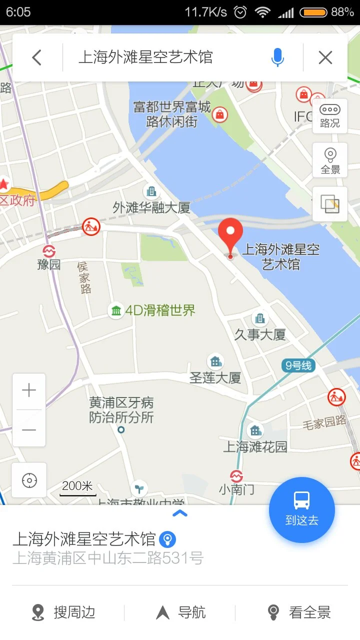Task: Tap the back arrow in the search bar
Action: tap(36, 57)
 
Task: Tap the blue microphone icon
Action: tap(277, 57)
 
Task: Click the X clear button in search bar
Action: tap(325, 57)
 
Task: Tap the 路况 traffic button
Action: tap(330, 116)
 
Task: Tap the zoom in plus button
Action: tap(29, 390)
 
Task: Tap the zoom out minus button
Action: tap(29, 429)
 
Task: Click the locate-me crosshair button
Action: tap(29, 480)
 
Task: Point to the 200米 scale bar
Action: tap(78, 488)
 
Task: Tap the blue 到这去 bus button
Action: tap(301, 509)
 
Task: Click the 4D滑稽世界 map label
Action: tap(159, 310)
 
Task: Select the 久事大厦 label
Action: tap(260, 334)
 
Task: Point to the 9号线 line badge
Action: tap(298, 366)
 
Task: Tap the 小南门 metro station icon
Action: tap(236, 476)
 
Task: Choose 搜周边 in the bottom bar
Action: tap(63, 612)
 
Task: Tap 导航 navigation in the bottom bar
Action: tap(181, 612)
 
